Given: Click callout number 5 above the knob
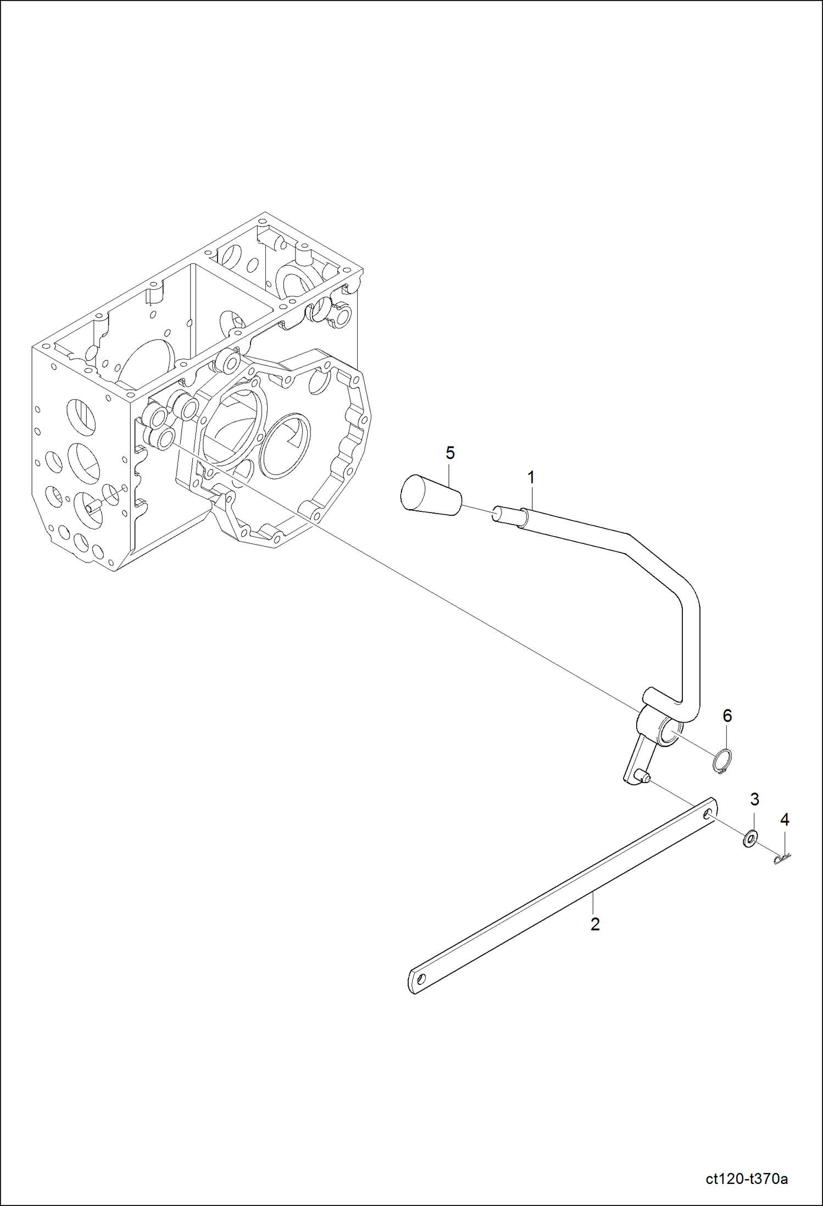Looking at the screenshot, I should point(450,453).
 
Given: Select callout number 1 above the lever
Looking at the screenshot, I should point(531,478).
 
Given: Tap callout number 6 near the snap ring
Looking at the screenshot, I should point(727,715).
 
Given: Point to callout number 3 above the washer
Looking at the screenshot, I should point(754,800).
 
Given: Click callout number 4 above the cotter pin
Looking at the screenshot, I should point(785,820).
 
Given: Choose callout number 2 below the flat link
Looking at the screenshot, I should point(595,924).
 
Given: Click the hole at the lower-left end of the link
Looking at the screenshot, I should point(421,979).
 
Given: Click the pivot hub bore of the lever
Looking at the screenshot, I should point(670,734).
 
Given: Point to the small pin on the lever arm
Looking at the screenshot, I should point(644,777).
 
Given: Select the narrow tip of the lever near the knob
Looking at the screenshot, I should point(505,515).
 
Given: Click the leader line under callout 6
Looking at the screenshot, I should point(726,737).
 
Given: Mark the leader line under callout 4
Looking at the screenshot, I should point(785,840).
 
